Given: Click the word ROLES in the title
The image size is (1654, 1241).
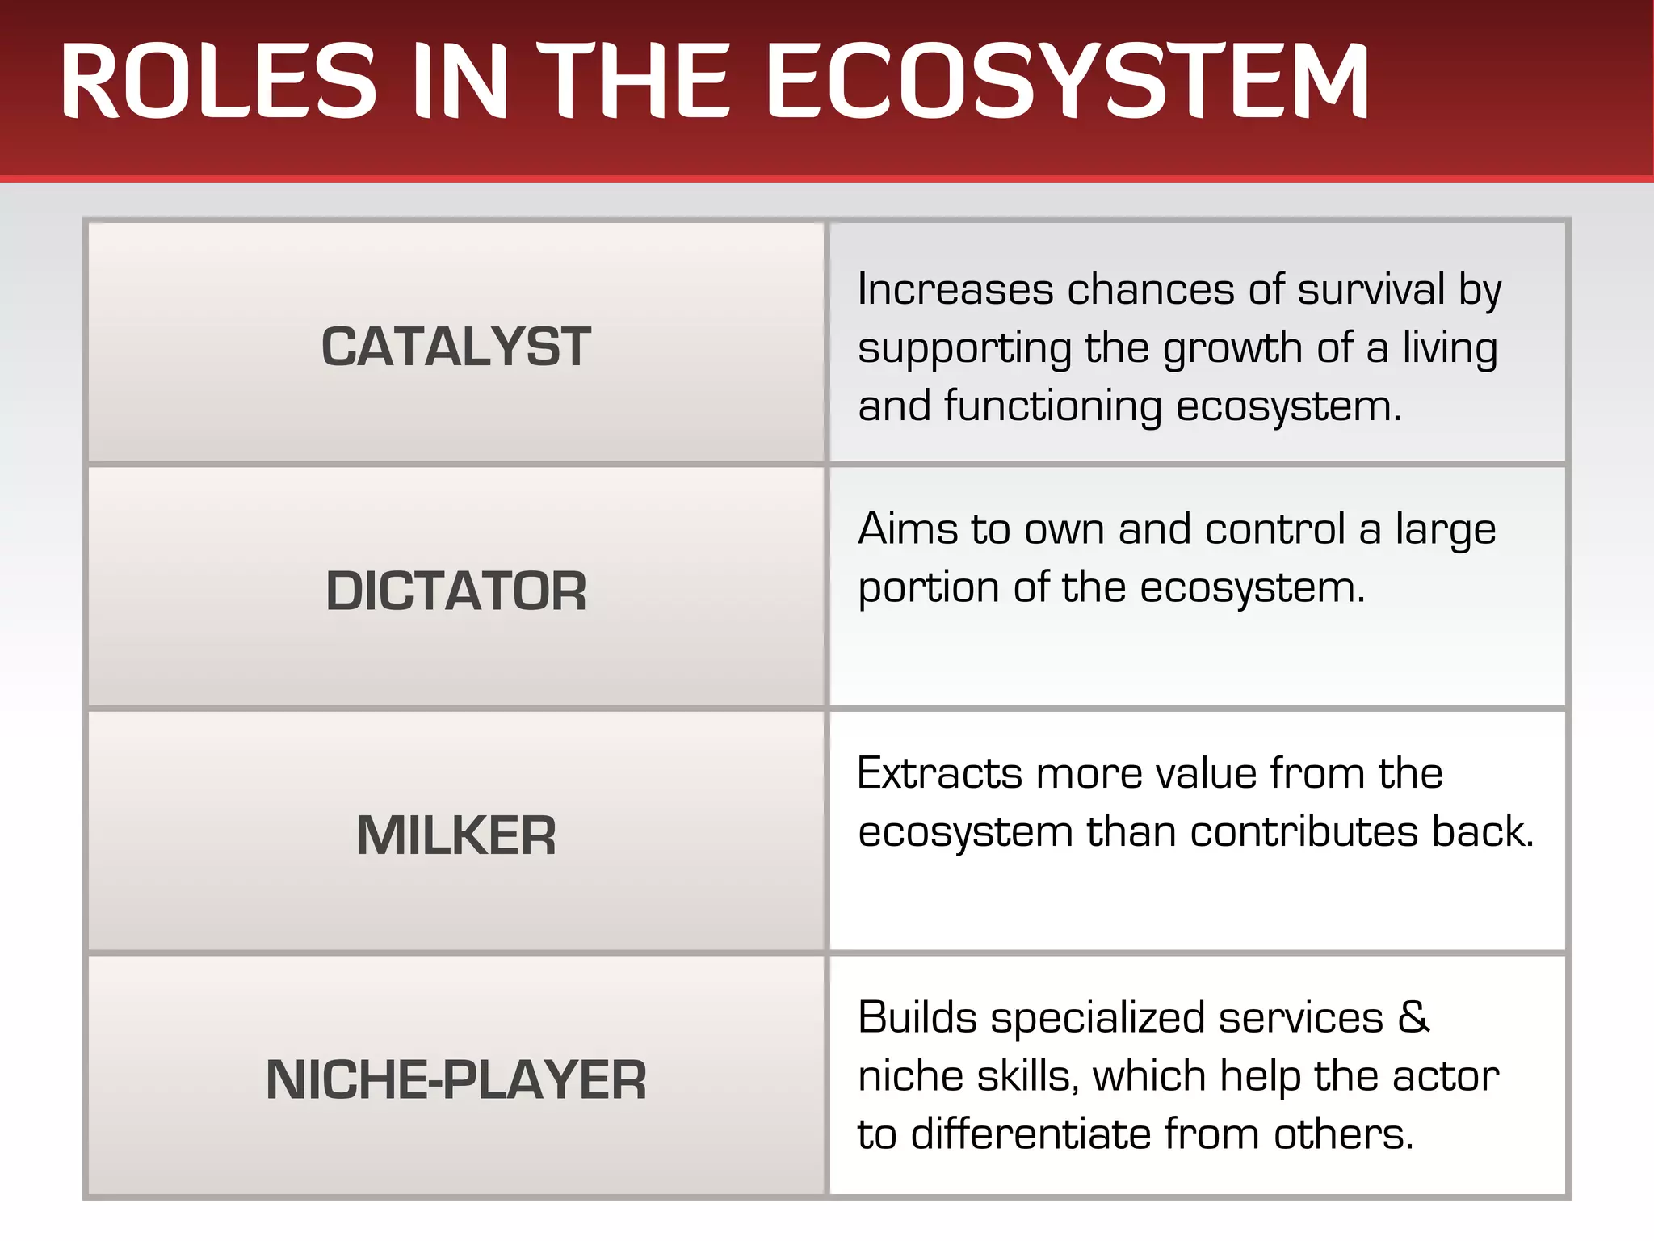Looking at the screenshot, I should pyautogui.click(x=218, y=81).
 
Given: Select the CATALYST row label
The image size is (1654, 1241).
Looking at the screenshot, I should pyautogui.click(x=455, y=347).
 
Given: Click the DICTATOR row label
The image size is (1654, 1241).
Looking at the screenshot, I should pyautogui.click(x=455, y=591).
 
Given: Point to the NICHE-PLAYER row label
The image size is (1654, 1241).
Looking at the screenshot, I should pyautogui.click(x=455, y=1079).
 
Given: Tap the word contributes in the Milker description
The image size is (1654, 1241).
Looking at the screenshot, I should pyautogui.click(x=1303, y=832).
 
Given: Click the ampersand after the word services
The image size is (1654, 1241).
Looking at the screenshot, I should pyautogui.click(x=1413, y=1016).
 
